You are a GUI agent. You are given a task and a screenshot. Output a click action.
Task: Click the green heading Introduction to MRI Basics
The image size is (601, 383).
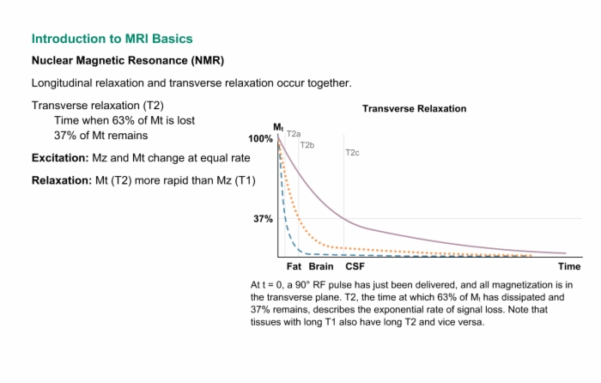click(112, 39)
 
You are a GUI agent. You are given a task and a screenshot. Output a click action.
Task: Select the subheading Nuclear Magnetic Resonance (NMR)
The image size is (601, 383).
click(128, 61)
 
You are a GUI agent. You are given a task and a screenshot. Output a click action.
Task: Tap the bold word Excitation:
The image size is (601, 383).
click(60, 158)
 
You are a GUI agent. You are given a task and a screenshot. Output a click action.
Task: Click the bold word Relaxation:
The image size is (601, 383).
click(62, 180)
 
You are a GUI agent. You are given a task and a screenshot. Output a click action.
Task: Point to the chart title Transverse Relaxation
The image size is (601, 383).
click(415, 108)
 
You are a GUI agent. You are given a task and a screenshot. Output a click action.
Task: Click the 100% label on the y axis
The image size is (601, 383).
click(260, 139)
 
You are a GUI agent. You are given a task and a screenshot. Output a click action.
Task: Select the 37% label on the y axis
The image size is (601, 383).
click(263, 219)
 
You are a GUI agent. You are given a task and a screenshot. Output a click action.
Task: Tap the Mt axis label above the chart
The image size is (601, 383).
click(278, 127)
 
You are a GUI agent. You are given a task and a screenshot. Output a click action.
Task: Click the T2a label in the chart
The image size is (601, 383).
click(294, 134)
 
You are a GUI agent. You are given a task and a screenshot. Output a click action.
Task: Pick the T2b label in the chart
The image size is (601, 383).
click(307, 145)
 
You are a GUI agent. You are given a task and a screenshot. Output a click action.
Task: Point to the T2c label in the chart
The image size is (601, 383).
click(352, 153)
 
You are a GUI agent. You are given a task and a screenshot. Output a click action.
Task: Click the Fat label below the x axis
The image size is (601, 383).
click(294, 266)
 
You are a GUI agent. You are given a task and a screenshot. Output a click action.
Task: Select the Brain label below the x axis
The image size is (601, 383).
click(321, 266)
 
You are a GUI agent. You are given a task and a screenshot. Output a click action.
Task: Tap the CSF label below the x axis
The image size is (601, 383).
click(355, 266)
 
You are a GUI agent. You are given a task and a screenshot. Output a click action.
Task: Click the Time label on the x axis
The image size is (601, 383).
click(569, 266)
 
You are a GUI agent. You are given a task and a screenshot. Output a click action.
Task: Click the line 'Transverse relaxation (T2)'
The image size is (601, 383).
click(97, 106)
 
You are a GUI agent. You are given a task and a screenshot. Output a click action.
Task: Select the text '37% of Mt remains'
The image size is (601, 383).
click(100, 136)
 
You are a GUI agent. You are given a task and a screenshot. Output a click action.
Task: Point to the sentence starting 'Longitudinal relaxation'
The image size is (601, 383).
click(191, 83)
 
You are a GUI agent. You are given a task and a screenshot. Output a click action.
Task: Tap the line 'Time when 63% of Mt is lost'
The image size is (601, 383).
click(124, 120)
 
